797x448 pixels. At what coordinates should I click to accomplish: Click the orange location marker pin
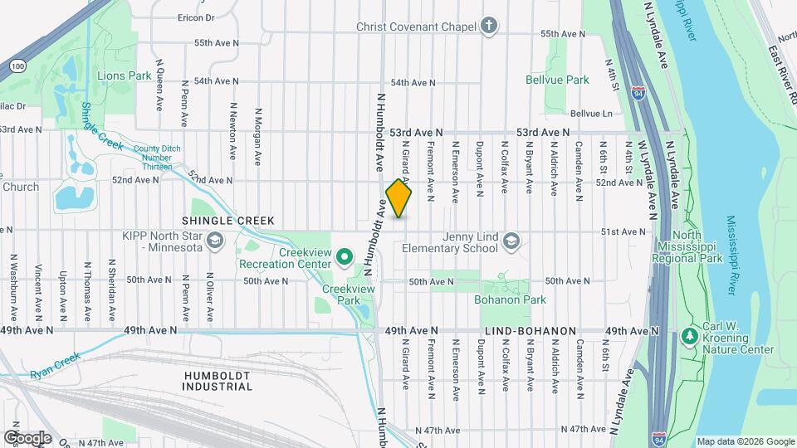(399, 198)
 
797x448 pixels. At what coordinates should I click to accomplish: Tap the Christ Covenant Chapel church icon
(490, 27)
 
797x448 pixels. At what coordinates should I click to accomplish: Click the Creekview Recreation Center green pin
(346, 258)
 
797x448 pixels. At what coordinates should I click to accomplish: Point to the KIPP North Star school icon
(215, 241)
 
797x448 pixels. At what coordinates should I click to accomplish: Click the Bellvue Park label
(557, 80)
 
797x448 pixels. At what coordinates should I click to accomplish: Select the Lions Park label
(125, 75)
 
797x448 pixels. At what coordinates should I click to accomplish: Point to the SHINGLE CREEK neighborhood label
(222, 221)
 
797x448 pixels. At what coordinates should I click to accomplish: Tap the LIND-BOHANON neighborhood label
(530, 331)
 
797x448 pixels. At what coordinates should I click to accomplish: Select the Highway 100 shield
(17, 65)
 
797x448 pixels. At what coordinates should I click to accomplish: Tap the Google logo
(27, 437)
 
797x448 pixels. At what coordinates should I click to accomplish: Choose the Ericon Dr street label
(195, 17)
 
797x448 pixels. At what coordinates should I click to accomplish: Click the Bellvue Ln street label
(591, 114)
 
